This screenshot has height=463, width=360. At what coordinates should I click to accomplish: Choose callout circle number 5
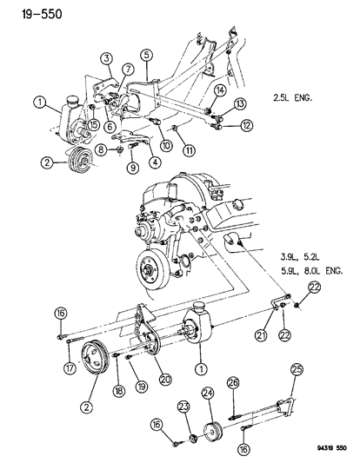click(x=148, y=56)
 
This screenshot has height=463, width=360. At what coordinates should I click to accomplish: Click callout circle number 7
click(x=128, y=69)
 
